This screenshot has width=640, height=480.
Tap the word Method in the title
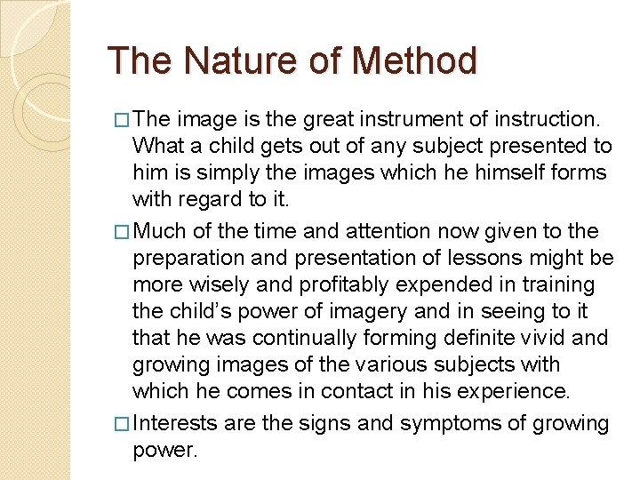(414, 60)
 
